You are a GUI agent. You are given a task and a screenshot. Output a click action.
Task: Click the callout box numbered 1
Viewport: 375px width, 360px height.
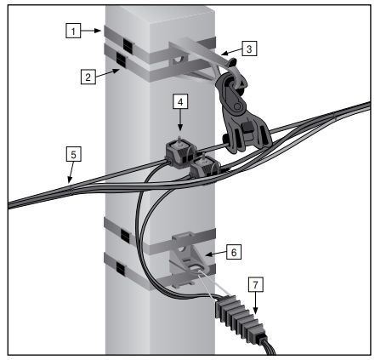73,31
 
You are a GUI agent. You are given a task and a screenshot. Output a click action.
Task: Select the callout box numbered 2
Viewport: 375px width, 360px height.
88,77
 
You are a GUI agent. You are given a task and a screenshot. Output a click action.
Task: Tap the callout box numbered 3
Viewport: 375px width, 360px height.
249,49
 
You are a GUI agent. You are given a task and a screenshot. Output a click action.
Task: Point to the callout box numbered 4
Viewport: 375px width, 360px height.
180,101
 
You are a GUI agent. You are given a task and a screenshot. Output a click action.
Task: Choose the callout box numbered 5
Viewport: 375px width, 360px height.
73,154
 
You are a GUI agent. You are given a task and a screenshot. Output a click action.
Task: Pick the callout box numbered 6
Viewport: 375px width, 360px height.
234,252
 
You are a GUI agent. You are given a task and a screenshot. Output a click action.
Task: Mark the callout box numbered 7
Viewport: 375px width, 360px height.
256,284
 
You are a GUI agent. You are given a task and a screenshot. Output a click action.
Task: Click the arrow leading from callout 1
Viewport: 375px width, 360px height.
91,31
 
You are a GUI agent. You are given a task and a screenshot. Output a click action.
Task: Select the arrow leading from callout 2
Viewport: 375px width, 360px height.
107,73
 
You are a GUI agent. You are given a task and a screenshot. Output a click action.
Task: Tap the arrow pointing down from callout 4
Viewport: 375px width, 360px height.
180,120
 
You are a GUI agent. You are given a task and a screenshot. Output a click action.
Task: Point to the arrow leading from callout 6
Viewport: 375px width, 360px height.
216,254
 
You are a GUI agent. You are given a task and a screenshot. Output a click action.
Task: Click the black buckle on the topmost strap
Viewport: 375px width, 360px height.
128,45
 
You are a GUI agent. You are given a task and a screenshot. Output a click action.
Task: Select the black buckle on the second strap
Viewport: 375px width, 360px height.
121,60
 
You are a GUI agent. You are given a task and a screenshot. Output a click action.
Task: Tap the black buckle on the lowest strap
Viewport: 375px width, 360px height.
121,269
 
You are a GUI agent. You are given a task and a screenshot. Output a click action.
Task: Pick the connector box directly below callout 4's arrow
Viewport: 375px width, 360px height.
179,153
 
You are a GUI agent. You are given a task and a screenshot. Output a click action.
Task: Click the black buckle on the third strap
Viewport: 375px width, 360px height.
125,236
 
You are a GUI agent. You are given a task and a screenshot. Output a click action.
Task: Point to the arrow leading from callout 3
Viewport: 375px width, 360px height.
231,51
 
